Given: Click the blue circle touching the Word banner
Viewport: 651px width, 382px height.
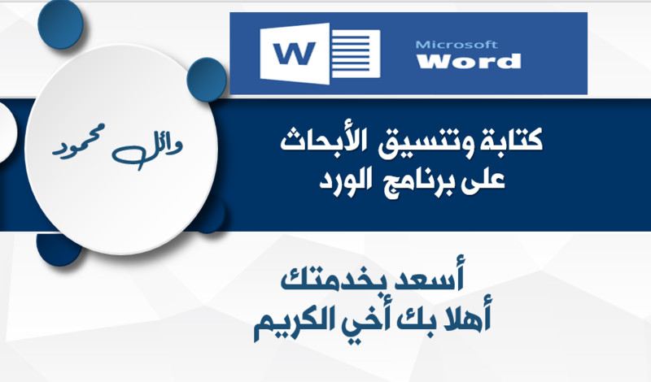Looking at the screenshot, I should tap(207, 79).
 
